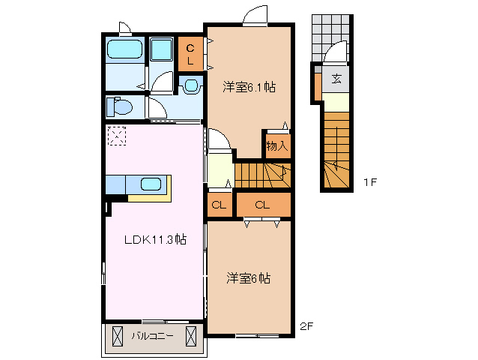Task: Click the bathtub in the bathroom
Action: point(124,49)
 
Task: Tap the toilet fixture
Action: point(119,106)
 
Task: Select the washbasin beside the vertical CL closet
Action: point(191,85)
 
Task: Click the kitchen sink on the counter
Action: point(151,184)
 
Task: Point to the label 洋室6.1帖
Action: point(249,88)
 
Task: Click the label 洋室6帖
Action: point(249,278)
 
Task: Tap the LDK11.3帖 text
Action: point(155,240)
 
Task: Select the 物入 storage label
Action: point(276,145)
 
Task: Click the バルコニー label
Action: point(154,336)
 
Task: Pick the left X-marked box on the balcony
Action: point(117,336)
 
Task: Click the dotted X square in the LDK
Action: point(117,136)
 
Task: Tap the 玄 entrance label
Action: point(336,78)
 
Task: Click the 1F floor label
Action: point(370,182)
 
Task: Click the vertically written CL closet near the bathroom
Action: point(190,55)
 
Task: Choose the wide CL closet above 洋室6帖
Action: point(262,205)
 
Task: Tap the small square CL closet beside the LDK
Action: point(220,205)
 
